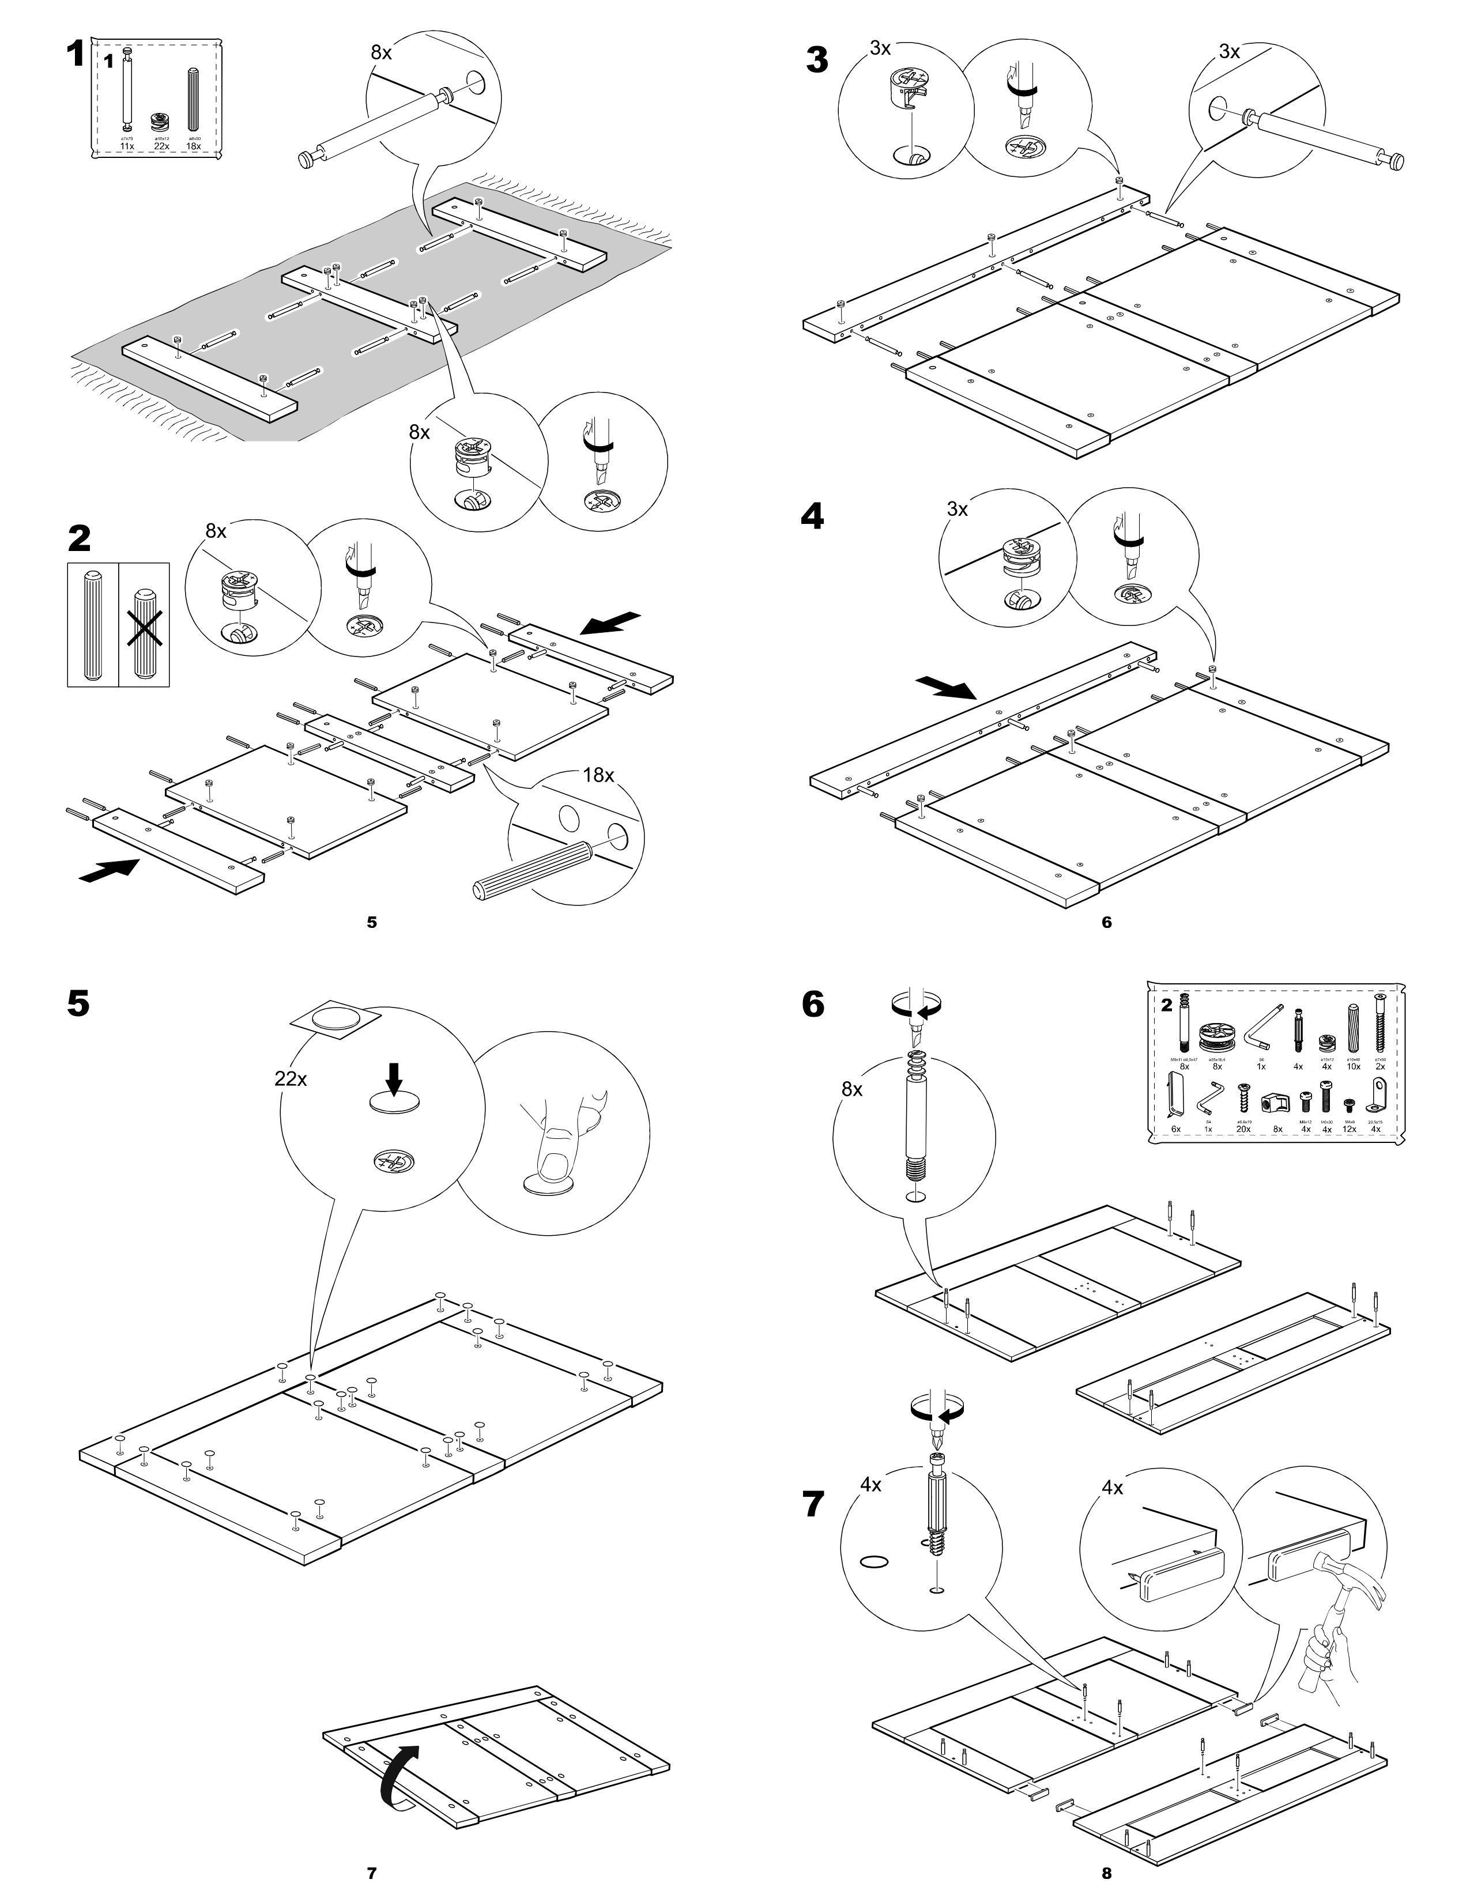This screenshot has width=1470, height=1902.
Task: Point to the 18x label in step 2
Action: (x=598, y=775)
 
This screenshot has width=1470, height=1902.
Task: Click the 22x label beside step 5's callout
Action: (x=291, y=1078)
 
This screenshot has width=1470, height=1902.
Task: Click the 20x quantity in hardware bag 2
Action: (x=1243, y=1129)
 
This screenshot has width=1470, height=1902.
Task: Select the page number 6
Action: (x=1106, y=922)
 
